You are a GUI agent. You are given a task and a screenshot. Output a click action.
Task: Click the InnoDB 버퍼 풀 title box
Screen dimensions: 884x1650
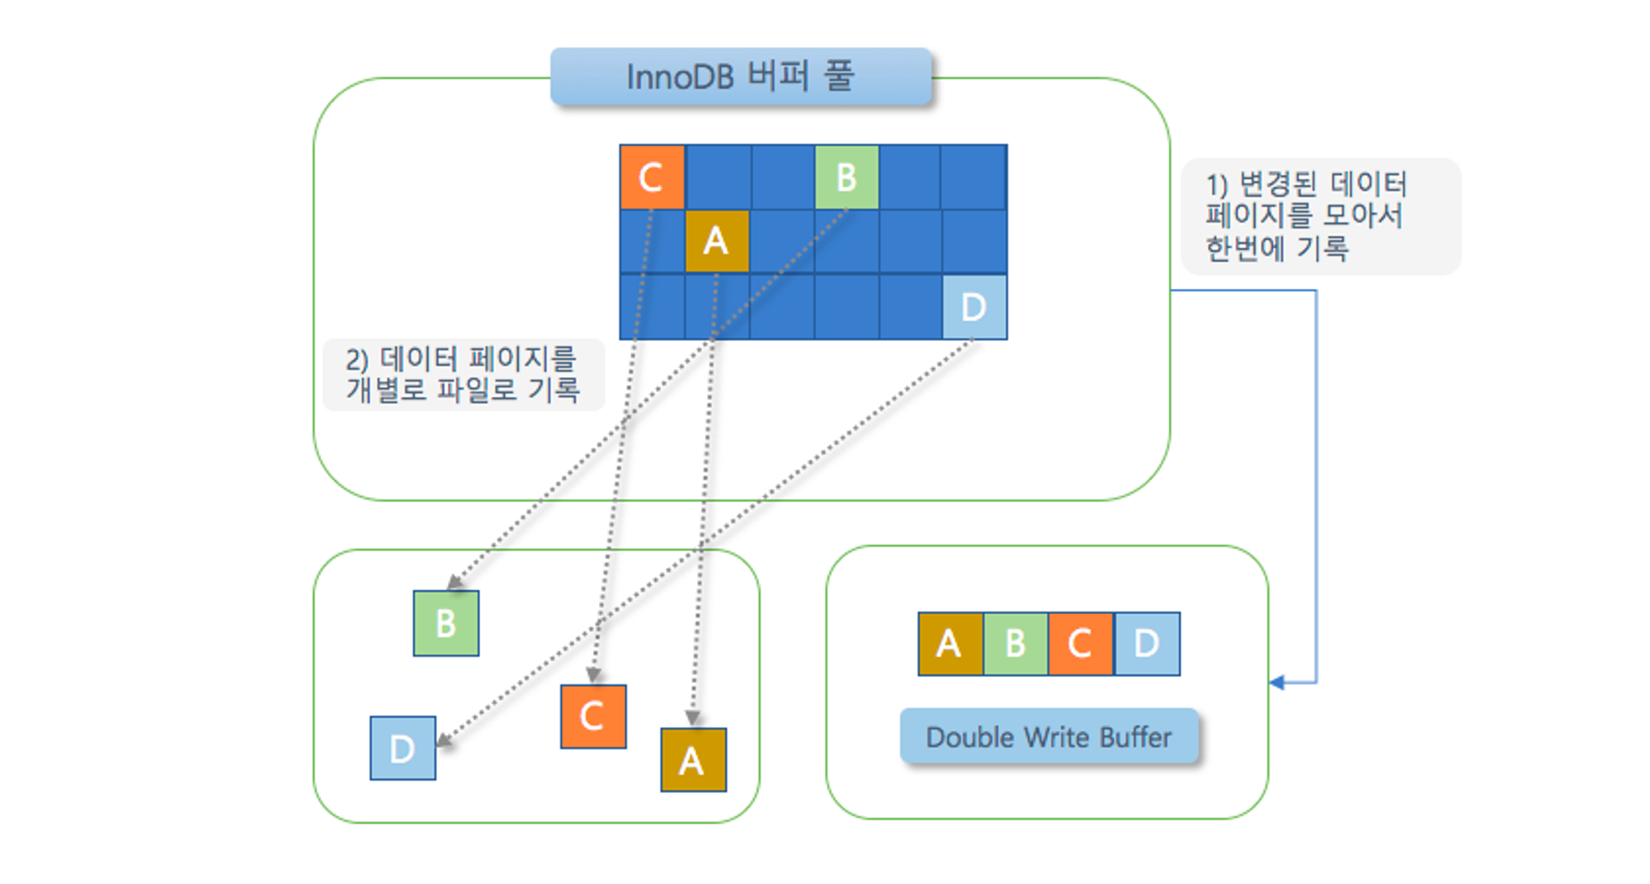(x=741, y=77)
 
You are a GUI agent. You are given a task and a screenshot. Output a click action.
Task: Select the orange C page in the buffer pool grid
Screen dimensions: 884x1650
(x=652, y=177)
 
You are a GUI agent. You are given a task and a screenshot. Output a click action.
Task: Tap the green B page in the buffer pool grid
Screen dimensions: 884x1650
(x=846, y=177)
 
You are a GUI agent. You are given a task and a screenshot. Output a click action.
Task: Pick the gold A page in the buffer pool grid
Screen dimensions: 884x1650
(x=717, y=241)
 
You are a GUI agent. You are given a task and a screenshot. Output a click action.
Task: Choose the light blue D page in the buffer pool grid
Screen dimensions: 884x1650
(x=974, y=307)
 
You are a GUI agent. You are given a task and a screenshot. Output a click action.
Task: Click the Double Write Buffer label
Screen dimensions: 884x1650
(x=1049, y=736)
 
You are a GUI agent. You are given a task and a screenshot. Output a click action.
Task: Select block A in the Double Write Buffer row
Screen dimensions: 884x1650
(x=950, y=644)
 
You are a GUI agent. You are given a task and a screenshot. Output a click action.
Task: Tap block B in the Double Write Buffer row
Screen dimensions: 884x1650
(x=1016, y=644)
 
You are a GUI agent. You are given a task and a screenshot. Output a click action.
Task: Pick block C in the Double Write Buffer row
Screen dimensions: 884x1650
(x=1081, y=644)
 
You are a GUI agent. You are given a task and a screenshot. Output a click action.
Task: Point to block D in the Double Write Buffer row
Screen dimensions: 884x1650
(x=1147, y=644)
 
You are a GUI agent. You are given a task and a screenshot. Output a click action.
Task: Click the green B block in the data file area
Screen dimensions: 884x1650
(x=445, y=623)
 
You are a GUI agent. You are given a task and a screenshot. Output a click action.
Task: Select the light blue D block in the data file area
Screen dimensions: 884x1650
(x=403, y=748)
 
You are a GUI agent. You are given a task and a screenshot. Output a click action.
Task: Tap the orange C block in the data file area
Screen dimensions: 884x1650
(x=593, y=716)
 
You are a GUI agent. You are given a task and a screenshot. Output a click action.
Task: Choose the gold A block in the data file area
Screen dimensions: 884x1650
(x=693, y=760)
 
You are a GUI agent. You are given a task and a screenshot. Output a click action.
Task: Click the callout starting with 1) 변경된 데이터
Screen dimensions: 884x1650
(x=1320, y=216)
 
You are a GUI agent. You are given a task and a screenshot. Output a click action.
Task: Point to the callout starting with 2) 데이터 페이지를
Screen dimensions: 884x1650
(x=463, y=375)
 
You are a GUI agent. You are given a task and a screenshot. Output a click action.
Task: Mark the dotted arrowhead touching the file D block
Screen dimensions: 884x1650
(x=444, y=740)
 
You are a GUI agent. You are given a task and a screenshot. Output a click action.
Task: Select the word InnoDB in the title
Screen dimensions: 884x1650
(x=680, y=78)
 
